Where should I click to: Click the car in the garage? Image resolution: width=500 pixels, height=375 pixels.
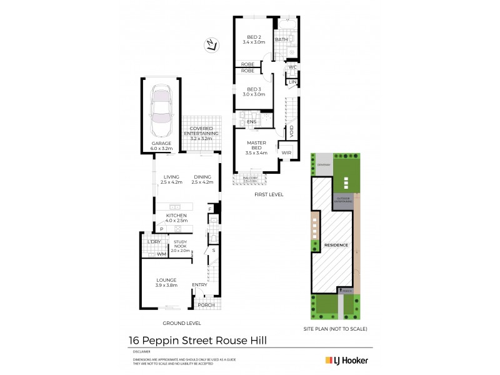pyautogui.click(x=161, y=109)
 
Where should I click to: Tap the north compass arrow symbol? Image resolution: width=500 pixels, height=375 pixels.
pyautogui.click(x=211, y=44)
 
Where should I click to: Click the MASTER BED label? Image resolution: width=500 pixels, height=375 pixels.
pyautogui.click(x=256, y=146)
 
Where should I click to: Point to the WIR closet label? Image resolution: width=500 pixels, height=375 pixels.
pyautogui.click(x=287, y=152)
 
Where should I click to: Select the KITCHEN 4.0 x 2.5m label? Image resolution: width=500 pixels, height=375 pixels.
pyautogui.click(x=176, y=217)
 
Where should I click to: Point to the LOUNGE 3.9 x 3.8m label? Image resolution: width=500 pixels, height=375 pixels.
pyautogui.click(x=166, y=282)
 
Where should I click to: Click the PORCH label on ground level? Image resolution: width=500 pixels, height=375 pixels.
pyautogui.click(x=206, y=305)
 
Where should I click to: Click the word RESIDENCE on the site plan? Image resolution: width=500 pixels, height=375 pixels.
pyautogui.click(x=336, y=246)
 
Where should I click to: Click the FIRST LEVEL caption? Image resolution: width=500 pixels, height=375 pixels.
pyautogui.click(x=269, y=194)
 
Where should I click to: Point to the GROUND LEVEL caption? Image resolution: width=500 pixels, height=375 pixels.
pyautogui.click(x=181, y=323)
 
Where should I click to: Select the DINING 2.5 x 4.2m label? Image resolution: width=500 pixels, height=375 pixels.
pyautogui.click(x=202, y=180)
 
